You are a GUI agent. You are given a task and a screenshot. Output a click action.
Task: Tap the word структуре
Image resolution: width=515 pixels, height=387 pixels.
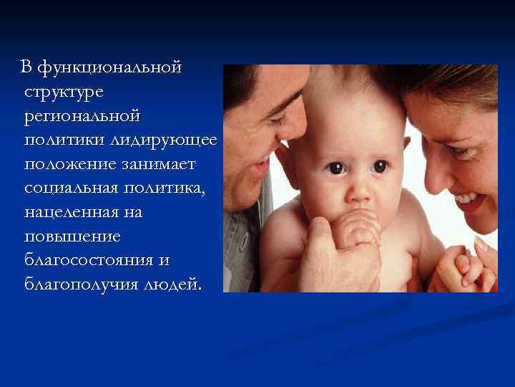tap(64, 92)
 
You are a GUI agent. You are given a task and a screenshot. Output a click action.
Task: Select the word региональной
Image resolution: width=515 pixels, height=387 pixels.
tap(81, 116)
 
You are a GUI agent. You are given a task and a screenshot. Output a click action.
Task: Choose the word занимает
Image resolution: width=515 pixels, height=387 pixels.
tap(161, 164)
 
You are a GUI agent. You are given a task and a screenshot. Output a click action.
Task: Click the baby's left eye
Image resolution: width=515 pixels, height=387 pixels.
tap(381, 166)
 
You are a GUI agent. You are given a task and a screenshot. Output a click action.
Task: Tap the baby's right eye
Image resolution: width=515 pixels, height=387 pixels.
tap(335, 168)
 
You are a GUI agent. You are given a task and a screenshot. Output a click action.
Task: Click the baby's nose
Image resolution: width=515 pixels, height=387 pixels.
tap(360, 192)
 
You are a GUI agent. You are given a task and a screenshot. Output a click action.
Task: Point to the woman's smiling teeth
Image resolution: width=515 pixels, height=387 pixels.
tap(466, 198)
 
